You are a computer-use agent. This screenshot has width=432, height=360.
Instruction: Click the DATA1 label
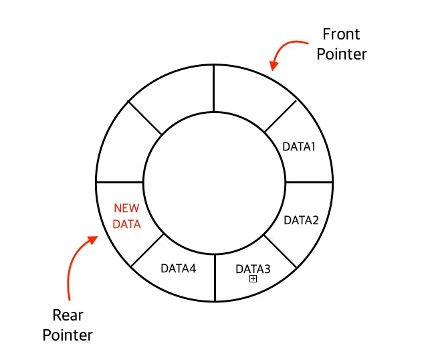[x=298, y=147]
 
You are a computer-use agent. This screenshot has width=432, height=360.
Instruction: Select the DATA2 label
[x=301, y=219]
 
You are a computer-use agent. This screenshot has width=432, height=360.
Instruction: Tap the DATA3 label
[x=253, y=268]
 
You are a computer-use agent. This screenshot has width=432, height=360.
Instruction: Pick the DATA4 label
[x=179, y=268]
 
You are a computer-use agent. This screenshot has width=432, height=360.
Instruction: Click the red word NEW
[x=126, y=208]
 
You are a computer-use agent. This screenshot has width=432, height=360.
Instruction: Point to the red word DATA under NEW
[x=126, y=224]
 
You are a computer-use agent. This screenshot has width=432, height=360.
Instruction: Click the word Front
[x=341, y=33]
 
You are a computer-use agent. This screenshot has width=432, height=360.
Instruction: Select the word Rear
[x=68, y=314]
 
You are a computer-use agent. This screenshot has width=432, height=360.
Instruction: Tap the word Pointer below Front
[x=342, y=54]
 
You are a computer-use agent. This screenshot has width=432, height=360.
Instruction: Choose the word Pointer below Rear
[x=68, y=335]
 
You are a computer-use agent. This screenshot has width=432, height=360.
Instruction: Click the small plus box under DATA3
[x=253, y=279]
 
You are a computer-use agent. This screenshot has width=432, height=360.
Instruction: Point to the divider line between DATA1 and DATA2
[x=309, y=182]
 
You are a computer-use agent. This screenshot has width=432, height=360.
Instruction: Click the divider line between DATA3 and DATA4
[x=215, y=278]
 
